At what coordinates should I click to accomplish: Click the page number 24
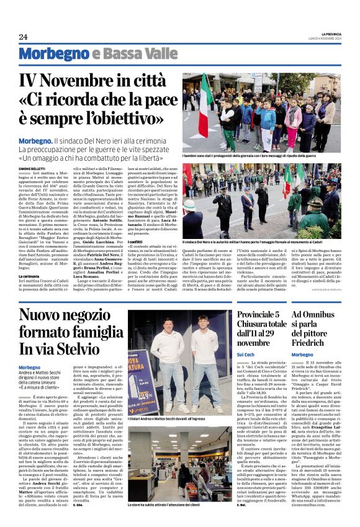pos(23,37)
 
